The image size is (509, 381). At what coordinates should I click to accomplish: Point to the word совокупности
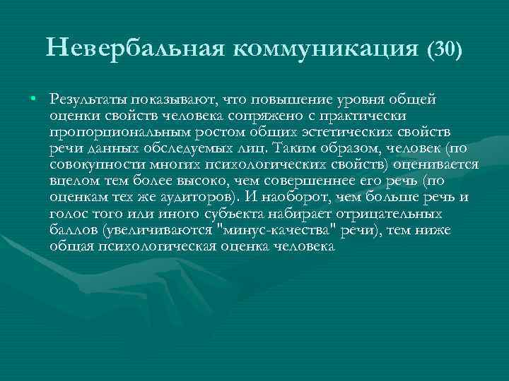pyautogui.click(x=94, y=164)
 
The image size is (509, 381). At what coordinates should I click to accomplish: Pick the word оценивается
pyautogui.click(x=432, y=164)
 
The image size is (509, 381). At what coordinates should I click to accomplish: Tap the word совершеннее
pyautogui.click(x=317, y=181)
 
